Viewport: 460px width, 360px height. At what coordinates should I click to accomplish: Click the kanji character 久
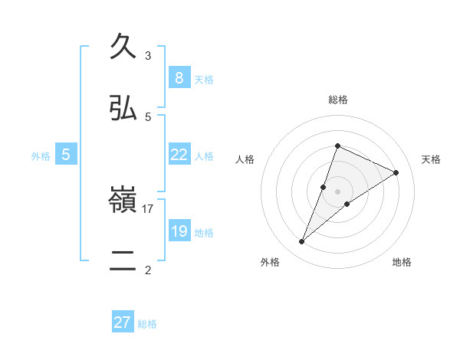[x=123, y=47]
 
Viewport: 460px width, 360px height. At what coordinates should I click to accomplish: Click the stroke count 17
[x=148, y=208]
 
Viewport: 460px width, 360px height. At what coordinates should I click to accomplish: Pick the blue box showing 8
[x=179, y=78]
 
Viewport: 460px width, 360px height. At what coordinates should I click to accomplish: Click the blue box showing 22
[x=179, y=155]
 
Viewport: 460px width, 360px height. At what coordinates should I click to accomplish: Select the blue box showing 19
[x=179, y=231]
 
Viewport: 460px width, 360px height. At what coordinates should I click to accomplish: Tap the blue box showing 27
[x=123, y=322]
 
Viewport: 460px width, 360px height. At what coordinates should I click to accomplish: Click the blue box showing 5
[x=66, y=155]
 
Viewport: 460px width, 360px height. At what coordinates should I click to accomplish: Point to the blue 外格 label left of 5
[x=41, y=155]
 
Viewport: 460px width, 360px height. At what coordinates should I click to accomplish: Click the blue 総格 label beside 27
[x=147, y=323]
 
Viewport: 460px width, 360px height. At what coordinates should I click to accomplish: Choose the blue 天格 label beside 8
[x=203, y=79]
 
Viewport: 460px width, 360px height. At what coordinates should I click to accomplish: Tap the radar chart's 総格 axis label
[x=337, y=100]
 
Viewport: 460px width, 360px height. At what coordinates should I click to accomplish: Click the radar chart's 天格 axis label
[x=431, y=159]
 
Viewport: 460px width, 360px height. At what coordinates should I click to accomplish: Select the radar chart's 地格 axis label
[x=402, y=262]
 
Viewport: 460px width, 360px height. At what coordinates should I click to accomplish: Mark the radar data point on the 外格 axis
[x=302, y=242]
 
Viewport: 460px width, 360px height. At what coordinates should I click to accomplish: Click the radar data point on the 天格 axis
[x=396, y=172]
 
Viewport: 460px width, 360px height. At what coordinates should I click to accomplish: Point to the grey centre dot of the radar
[x=337, y=191]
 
